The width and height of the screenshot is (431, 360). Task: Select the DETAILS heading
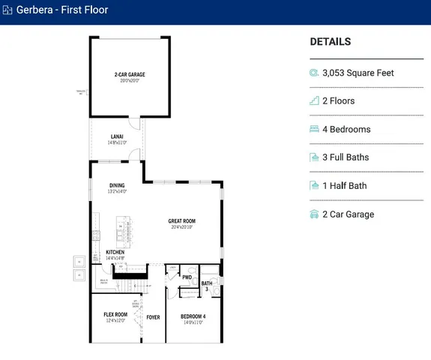click(x=330, y=42)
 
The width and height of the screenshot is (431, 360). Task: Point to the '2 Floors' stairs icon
click(x=315, y=101)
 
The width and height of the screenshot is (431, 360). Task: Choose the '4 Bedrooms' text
click(x=346, y=129)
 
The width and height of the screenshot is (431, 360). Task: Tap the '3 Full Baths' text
click(x=346, y=157)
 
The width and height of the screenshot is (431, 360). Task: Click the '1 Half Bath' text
click(x=344, y=186)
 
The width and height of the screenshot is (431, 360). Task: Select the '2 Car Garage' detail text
click(x=348, y=214)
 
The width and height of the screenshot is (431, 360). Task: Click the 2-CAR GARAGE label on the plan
click(x=129, y=74)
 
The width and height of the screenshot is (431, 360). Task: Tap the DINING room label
click(x=117, y=185)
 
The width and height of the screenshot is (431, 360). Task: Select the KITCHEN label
click(x=115, y=252)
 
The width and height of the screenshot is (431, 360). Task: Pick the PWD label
click(x=187, y=277)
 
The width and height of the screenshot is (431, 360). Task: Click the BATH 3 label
click(x=206, y=286)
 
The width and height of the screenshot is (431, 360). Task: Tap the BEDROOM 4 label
click(x=193, y=316)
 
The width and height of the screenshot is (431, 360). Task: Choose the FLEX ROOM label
click(x=116, y=315)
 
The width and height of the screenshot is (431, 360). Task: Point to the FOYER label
click(x=153, y=317)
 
